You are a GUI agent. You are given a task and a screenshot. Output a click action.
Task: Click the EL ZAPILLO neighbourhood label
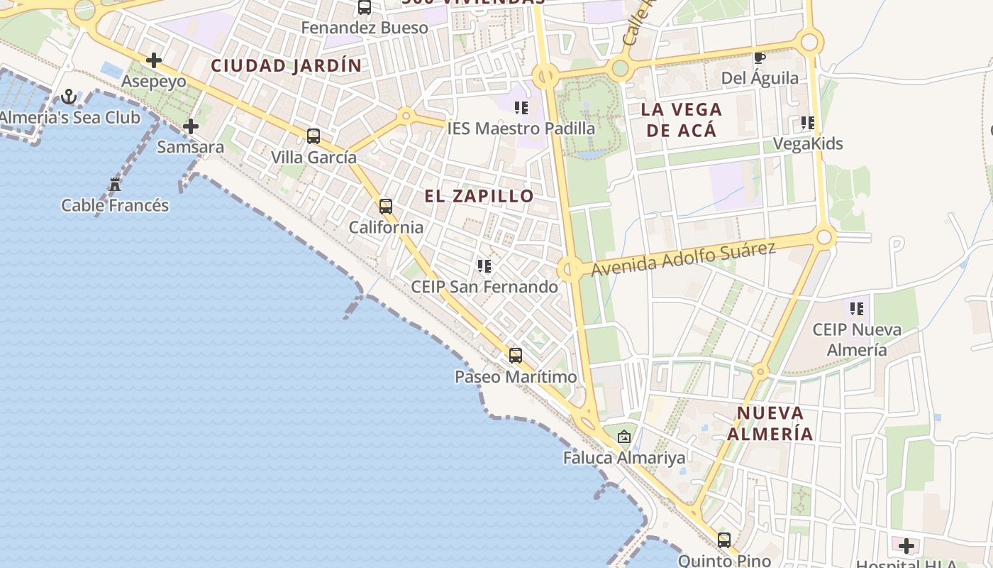479,196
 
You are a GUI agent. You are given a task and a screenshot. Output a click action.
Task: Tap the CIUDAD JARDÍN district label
286,66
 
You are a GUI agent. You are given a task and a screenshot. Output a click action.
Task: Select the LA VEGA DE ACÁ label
681,119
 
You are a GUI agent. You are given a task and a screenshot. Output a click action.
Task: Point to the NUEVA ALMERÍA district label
770,423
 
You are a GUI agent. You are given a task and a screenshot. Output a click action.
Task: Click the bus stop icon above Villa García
314,136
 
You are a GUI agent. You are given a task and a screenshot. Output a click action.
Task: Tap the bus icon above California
386,207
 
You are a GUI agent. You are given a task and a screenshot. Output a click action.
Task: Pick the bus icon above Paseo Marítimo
516,355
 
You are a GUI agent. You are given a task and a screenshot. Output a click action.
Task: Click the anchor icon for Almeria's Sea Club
69,96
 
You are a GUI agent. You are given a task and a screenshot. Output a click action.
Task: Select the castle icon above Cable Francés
115,185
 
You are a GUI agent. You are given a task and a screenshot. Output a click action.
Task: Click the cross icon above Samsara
190,126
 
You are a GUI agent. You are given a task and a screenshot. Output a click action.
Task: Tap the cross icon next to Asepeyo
153,60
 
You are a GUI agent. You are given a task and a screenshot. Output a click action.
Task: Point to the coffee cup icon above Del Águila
759,58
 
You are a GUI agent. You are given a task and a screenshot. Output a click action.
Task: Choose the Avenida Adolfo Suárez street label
683,259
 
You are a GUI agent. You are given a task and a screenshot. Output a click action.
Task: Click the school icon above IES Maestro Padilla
521,108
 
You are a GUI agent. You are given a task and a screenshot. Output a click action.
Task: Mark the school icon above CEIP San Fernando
484,266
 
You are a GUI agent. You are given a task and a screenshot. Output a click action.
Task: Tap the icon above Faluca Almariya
624,437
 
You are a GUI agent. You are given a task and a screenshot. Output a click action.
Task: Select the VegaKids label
807,143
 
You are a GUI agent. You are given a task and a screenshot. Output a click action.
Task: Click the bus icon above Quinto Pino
723,540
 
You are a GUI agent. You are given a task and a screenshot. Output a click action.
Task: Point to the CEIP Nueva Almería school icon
857,309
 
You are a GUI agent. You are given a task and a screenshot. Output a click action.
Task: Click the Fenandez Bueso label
365,28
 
